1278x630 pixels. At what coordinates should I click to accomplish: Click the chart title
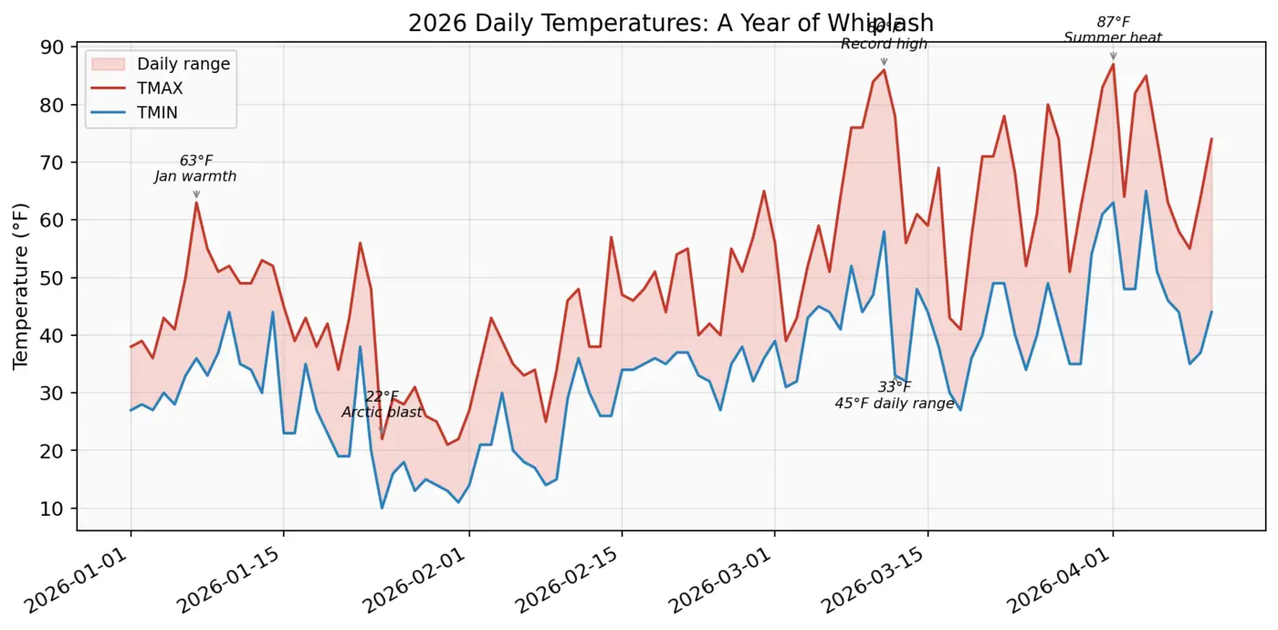tap(670, 23)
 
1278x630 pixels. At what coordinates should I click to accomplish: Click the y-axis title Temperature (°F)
tap(20, 286)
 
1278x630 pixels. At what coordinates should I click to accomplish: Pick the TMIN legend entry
tap(160, 112)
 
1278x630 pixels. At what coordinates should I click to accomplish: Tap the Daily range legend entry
tap(183, 64)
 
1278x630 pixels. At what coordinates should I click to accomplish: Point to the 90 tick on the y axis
tap(56, 47)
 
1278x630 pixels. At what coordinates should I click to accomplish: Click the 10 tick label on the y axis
tap(56, 509)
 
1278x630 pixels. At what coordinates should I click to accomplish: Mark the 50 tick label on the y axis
tap(56, 278)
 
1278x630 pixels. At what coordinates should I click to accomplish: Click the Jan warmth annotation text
tap(195, 176)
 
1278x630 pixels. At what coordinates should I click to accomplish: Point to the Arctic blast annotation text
tap(382, 412)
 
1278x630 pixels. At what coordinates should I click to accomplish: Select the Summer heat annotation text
tap(1113, 37)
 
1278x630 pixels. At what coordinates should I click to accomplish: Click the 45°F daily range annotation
tap(894, 403)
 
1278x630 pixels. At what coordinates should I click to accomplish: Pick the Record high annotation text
tap(884, 44)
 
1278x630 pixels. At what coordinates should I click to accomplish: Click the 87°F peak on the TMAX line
tap(1113, 64)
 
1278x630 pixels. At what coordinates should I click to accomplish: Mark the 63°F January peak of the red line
tap(196, 203)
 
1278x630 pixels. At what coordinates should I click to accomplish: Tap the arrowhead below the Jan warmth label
tap(196, 194)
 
